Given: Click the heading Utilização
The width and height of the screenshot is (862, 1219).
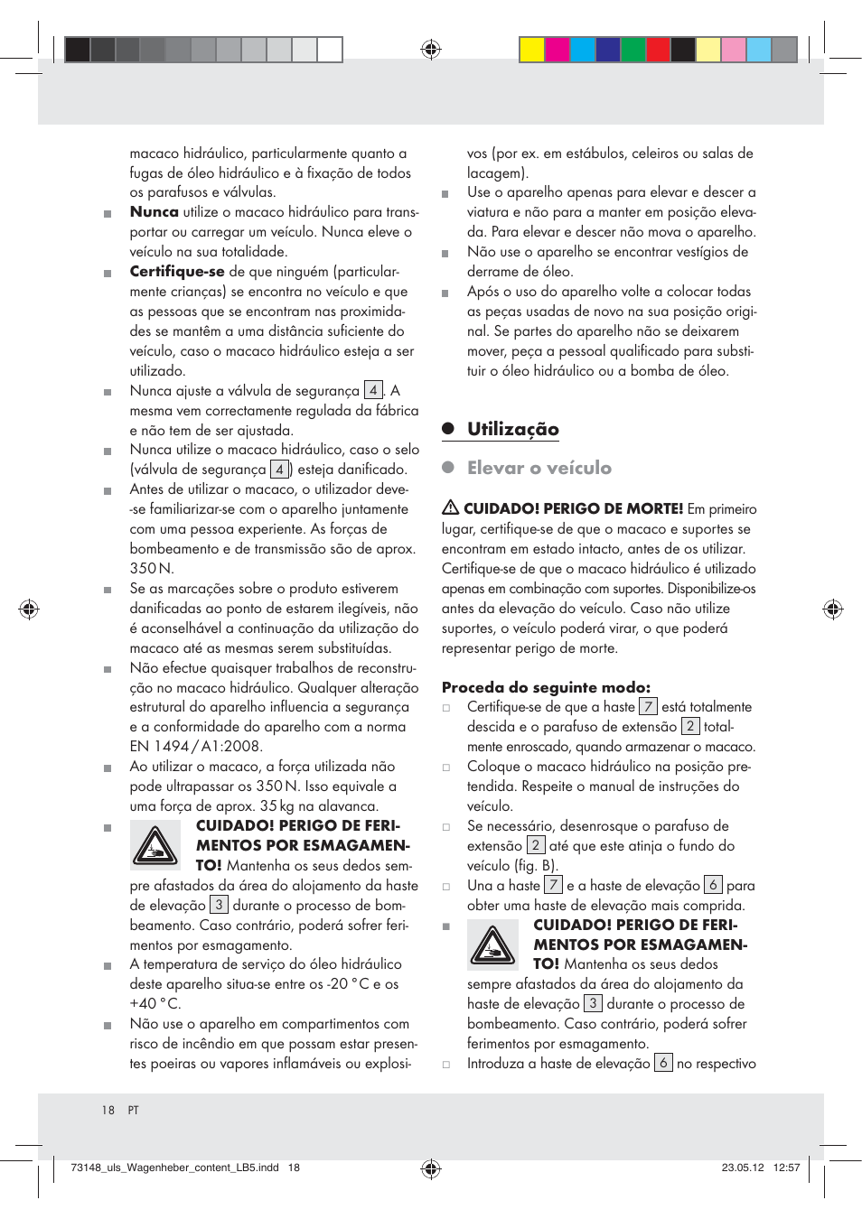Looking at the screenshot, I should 512,430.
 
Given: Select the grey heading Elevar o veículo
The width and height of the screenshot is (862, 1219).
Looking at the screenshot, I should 539,469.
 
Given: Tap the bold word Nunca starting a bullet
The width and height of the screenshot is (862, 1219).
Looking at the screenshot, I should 155,212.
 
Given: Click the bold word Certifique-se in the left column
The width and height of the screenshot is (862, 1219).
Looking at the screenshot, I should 177,272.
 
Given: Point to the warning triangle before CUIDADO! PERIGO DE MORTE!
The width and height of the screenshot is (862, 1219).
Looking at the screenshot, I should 450,507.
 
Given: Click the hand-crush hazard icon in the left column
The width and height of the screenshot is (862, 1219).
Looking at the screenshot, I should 155,846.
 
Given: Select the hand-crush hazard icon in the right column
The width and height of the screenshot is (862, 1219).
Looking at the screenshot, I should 492,944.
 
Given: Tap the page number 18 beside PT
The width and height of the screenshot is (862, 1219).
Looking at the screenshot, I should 108,1111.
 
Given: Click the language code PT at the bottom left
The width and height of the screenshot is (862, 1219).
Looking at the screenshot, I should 134,1111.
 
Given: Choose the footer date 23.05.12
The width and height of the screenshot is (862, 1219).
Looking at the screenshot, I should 742,1168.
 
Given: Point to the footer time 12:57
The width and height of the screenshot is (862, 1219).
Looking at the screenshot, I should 786,1168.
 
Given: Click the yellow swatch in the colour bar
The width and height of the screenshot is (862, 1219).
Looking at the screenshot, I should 531,50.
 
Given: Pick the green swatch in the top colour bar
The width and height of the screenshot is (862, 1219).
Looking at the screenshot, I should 632,50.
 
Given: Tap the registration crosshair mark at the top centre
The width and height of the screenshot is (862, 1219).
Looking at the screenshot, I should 431,49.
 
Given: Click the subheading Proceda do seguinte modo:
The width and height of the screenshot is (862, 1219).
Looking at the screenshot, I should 546,687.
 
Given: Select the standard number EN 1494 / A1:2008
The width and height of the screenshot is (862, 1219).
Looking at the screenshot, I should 196,747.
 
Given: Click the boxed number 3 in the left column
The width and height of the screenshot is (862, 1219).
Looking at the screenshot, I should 219,905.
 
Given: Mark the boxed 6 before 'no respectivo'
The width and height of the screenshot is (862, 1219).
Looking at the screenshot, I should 663,1063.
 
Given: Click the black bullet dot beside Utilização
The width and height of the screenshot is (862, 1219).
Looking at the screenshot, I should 447,429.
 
